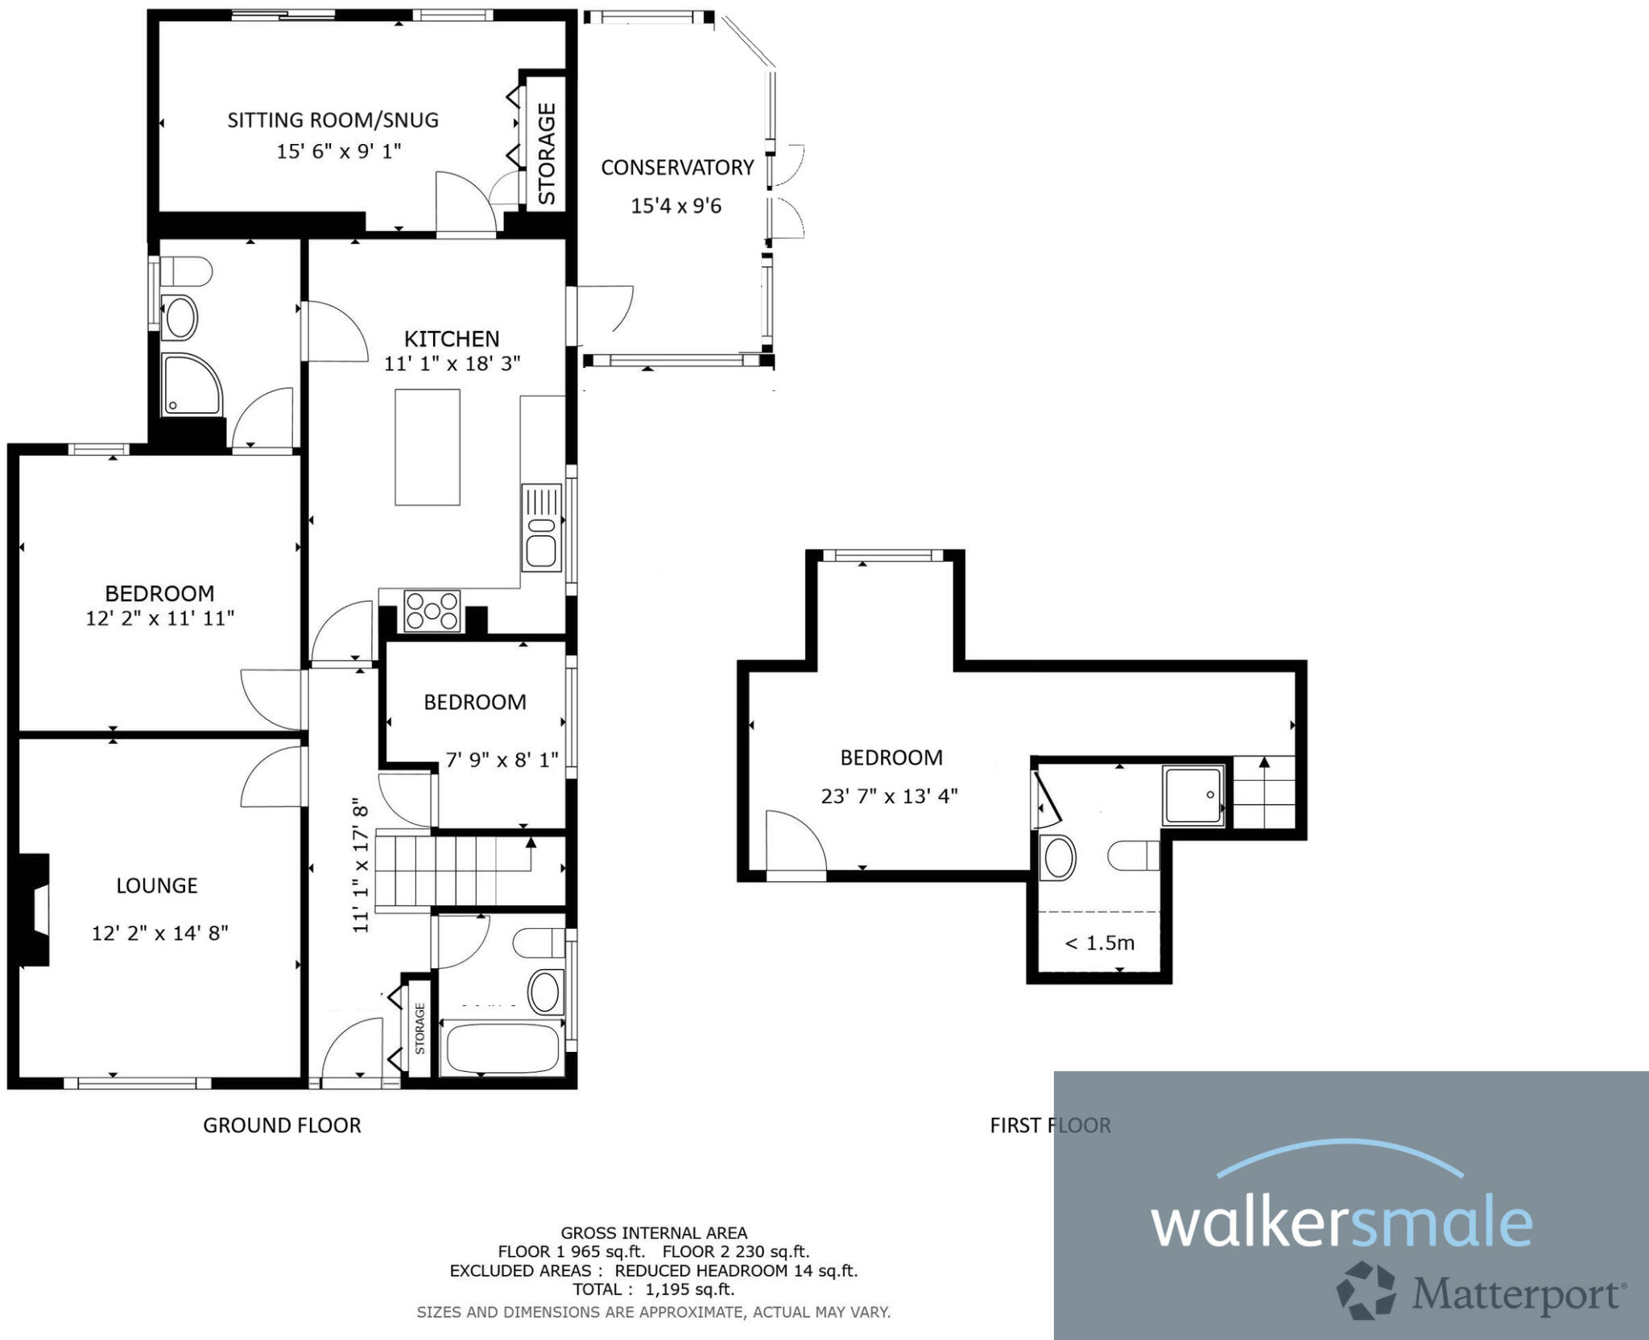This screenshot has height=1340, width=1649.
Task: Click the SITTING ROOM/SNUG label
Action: (333, 121)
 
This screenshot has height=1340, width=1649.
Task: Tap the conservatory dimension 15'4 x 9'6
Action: (676, 206)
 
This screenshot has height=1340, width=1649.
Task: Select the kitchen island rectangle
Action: (427, 447)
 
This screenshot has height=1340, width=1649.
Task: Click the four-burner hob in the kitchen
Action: (432, 611)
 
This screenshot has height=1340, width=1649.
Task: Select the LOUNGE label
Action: (157, 886)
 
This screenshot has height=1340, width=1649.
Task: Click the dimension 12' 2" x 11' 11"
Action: (159, 619)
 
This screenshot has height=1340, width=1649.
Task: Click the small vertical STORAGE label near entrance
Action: (419, 1028)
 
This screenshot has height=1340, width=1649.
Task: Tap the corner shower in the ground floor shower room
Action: (190, 385)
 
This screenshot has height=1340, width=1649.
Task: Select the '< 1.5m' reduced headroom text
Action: (1099, 943)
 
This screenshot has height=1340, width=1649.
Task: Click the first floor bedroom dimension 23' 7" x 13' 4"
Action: (889, 797)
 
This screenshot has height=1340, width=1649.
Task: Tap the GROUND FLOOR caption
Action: (282, 1125)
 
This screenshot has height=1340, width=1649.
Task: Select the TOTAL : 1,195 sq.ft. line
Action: (653, 1289)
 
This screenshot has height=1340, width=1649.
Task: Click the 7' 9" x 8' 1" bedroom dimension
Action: (502, 761)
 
